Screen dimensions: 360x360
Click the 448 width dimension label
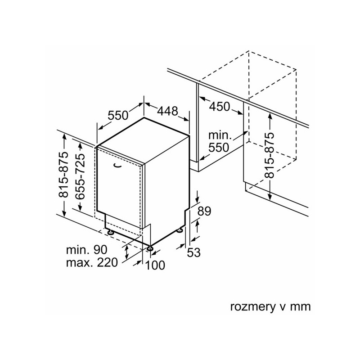click(167, 111)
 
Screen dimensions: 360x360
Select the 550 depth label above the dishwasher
click(118, 115)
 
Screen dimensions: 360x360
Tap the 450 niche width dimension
click(220, 107)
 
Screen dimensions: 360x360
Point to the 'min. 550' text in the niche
click(219, 142)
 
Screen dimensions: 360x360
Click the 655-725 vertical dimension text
click(81, 176)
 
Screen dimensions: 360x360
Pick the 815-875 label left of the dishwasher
click(63, 175)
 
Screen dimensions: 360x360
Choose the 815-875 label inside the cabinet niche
click(269, 155)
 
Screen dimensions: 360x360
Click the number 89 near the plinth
click(204, 211)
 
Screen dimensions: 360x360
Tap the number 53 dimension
click(194, 252)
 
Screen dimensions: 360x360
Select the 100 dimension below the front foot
click(155, 265)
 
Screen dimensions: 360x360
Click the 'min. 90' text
click(86, 250)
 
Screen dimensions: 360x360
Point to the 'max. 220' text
click(92, 262)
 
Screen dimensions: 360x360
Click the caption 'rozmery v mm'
click(270, 307)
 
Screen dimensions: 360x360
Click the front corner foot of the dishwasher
click(150, 248)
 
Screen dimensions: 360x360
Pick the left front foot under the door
click(111, 232)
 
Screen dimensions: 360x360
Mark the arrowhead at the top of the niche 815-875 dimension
click(270, 116)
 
